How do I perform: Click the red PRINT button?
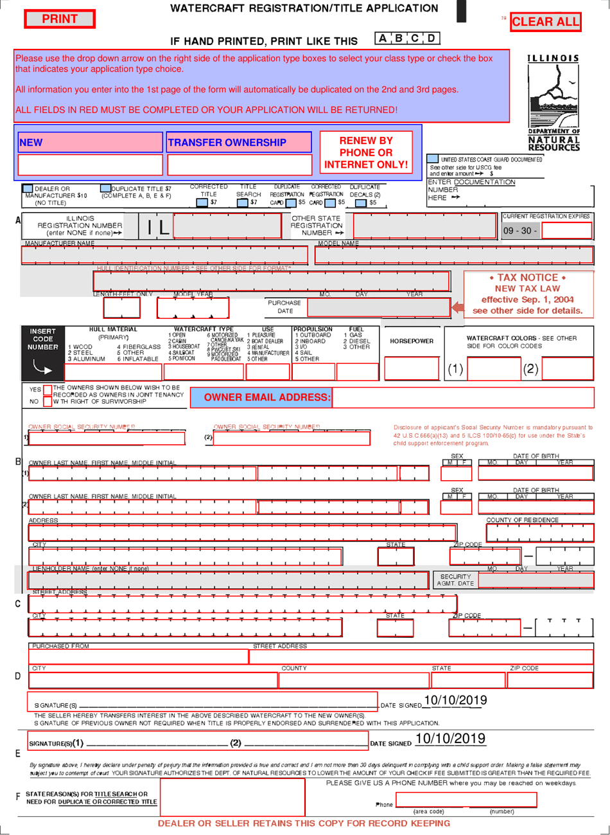click(x=59, y=19)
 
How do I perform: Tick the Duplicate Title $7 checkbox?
click(x=106, y=189)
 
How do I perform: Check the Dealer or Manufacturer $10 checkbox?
click(x=28, y=189)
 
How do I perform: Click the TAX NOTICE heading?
click(x=528, y=278)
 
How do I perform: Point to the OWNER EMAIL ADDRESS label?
click(x=267, y=397)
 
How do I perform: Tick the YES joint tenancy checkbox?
click(x=47, y=390)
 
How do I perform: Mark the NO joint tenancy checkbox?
click(x=47, y=401)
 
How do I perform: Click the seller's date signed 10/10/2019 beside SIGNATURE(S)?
click(x=455, y=700)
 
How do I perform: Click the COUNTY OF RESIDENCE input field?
click(x=539, y=533)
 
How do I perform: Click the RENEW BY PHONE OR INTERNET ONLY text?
click(x=366, y=152)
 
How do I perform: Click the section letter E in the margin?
click(x=17, y=753)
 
